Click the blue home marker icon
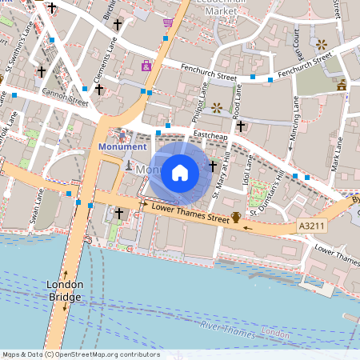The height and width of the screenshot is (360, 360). coord(180,172)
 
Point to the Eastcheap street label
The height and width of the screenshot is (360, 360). coord(211,136)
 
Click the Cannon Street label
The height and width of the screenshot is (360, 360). coord(66,102)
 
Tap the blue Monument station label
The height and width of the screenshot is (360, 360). coord(122,147)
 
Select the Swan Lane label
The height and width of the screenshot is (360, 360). coord(34,205)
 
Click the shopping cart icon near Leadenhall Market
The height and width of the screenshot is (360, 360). coord(167,22)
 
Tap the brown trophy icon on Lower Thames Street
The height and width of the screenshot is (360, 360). coord(236,217)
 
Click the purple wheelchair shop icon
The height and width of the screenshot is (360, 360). coord(146,66)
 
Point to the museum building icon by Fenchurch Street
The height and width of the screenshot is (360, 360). coord(342,84)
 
